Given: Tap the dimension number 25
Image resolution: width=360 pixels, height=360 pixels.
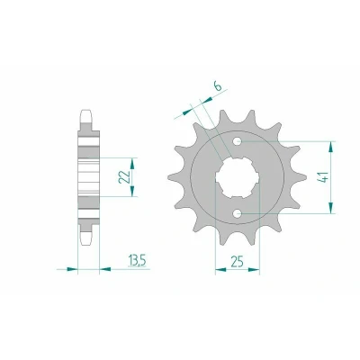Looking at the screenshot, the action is pyautogui.click(x=237, y=261).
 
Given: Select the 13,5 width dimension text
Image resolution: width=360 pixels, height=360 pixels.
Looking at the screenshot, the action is pyautogui.click(x=137, y=260).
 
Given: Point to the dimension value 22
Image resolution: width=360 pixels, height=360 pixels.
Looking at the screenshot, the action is pyautogui.click(x=123, y=177).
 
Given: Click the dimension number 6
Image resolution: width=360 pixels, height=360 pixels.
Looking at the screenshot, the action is pyautogui.click(x=218, y=86).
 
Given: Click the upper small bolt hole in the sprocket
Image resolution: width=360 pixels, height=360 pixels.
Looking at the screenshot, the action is pyautogui.click(x=238, y=141).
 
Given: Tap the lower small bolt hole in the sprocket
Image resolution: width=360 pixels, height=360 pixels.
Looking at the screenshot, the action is pyautogui.click(x=238, y=213).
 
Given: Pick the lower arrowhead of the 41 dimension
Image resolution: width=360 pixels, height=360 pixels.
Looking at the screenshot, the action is pyautogui.click(x=331, y=208).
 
